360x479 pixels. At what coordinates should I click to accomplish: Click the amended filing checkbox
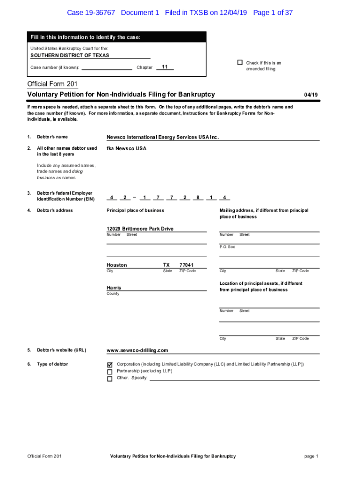point(240,63)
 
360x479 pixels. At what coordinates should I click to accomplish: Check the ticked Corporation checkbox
point(110,364)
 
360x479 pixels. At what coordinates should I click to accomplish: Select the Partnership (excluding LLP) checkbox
point(110,372)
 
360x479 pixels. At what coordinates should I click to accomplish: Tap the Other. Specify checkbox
point(110,379)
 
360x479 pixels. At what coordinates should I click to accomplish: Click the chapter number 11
point(165,67)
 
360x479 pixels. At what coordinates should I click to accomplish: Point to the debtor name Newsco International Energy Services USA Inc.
point(163,137)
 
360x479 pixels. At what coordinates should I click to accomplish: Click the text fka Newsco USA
point(126,148)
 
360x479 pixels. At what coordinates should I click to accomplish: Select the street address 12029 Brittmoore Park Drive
point(140,229)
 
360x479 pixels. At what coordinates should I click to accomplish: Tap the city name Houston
point(117,265)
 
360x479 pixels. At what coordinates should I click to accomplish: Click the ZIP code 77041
point(187,265)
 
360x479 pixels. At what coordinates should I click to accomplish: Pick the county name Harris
point(114,288)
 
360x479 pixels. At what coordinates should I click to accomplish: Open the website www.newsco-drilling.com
point(137,350)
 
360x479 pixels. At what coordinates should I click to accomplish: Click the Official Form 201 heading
point(52,84)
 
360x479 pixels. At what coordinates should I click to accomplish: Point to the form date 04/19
point(311,95)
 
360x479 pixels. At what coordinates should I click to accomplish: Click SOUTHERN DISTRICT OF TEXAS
point(70,55)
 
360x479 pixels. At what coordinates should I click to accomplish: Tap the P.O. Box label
point(227,247)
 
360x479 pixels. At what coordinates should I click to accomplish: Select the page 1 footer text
point(311,456)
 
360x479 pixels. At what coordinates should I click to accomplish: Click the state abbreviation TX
point(166,265)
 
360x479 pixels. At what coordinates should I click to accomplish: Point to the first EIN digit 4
point(112,197)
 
